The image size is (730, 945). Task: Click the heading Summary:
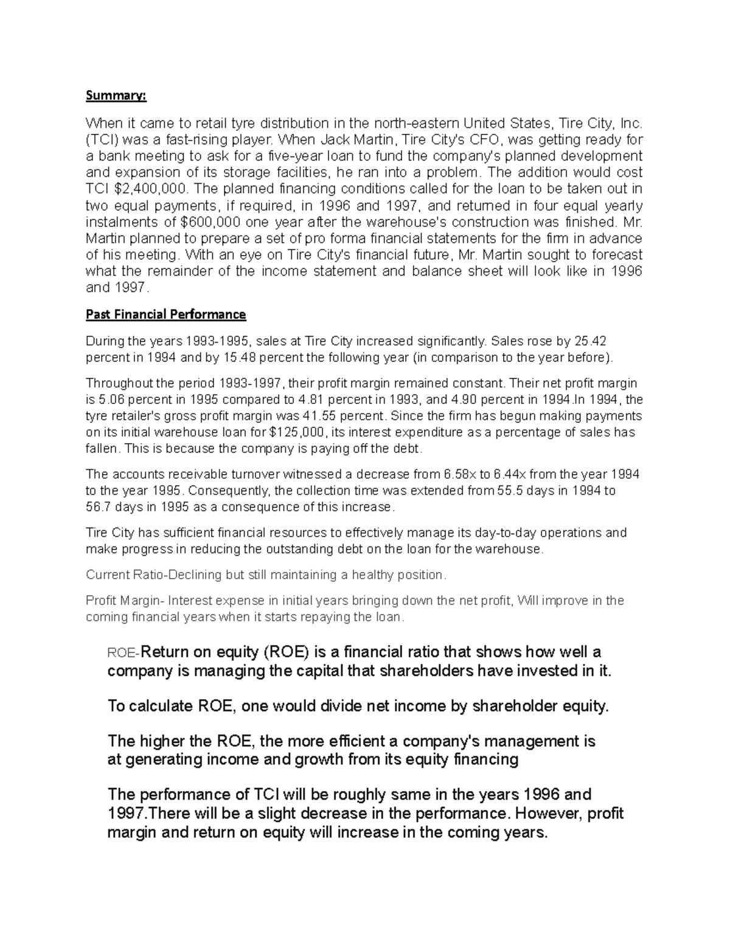116,96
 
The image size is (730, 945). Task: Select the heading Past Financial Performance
165,315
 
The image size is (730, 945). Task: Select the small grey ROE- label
123,654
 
